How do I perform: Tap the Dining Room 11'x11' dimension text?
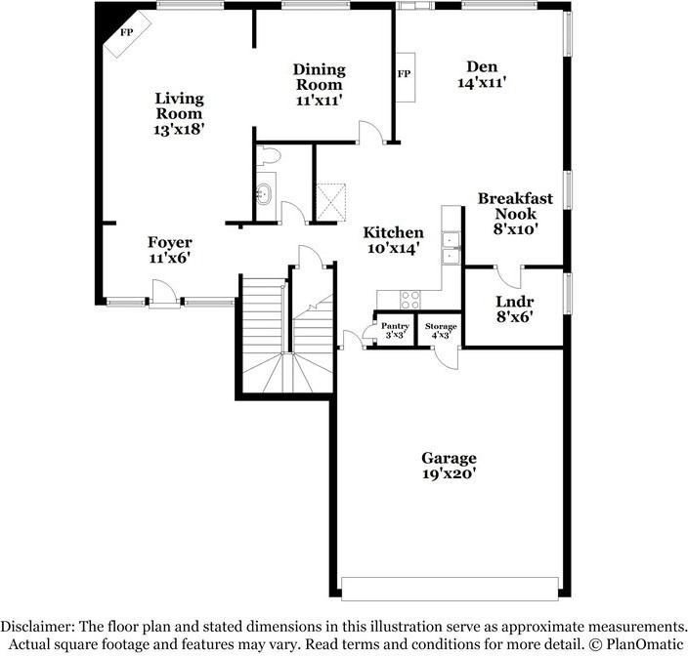tap(319, 100)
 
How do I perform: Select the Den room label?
tap(481, 66)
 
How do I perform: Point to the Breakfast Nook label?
tap(515, 206)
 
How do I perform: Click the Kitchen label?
tap(393, 232)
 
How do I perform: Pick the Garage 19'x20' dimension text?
tap(449, 474)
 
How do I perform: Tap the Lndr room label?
tap(514, 302)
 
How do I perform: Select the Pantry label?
tap(395, 326)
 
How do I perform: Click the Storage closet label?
tap(440, 326)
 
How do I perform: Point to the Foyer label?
tap(169, 242)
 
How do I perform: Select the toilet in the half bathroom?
tap(270, 154)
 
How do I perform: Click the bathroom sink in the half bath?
tap(264, 192)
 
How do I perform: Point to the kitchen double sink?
tap(451, 248)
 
